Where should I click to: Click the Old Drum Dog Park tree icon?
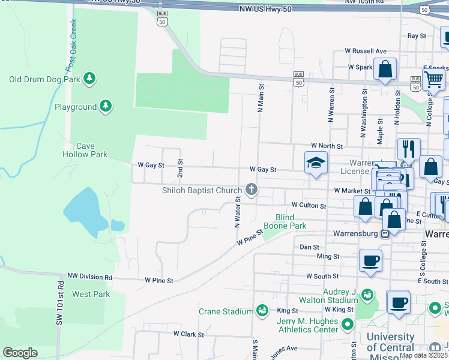(x=89, y=79)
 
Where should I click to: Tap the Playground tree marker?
(x=106, y=107)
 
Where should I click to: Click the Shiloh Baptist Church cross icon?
(x=251, y=190)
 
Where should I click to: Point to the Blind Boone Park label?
(x=291, y=221)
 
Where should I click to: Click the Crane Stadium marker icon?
(x=262, y=311)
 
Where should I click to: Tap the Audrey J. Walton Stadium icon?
(x=367, y=295)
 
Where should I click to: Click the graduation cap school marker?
(x=316, y=163)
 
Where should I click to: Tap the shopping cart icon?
(x=433, y=79)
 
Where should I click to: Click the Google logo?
(x=20, y=353)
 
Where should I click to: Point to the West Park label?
(x=91, y=294)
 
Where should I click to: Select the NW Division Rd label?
(x=89, y=277)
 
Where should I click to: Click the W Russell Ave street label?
(x=365, y=52)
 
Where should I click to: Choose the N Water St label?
(x=238, y=211)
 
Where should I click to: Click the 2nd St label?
(x=180, y=168)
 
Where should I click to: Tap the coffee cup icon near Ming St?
(x=370, y=260)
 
